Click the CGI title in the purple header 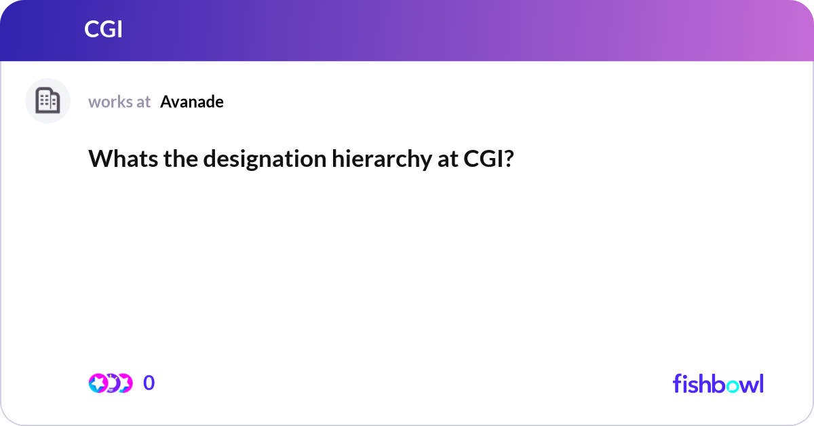(103, 30)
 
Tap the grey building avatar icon (47, 101)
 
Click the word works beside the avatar (110, 102)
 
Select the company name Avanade (192, 102)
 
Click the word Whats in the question (120, 159)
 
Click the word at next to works (143, 102)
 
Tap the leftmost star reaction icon (98, 383)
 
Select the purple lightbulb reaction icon (112, 383)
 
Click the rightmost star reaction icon (124, 383)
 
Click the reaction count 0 (149, 383)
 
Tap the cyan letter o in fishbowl (724, 385)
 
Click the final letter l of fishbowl (760, 383)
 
